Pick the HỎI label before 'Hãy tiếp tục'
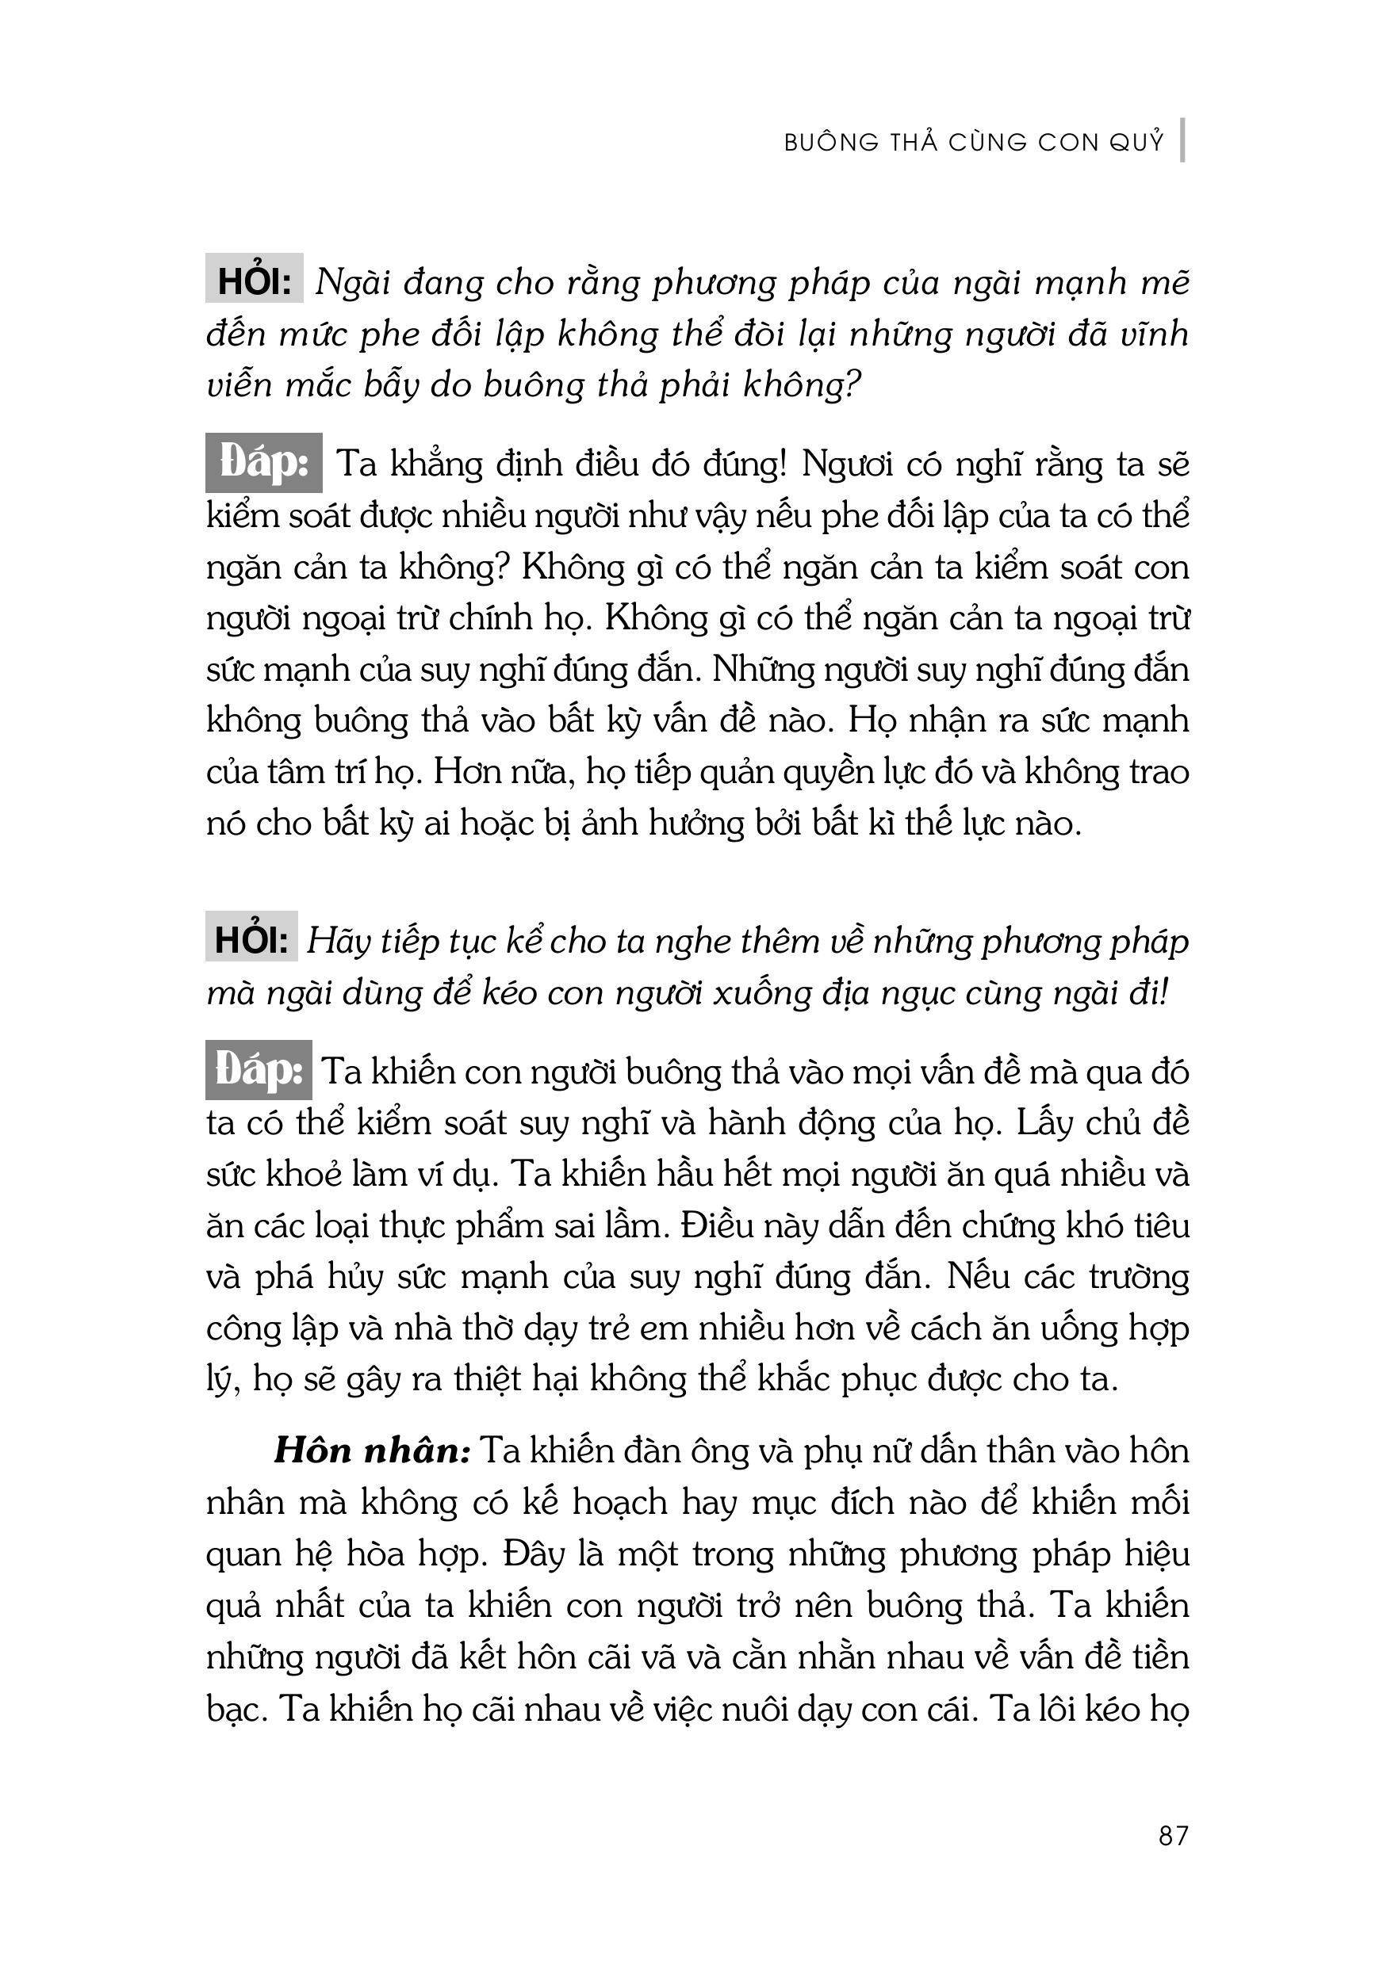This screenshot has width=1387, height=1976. (x=251, y=940)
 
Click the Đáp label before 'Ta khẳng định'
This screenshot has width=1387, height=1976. (x=263, y=464)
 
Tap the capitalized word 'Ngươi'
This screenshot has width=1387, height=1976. (x=847, y=464)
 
